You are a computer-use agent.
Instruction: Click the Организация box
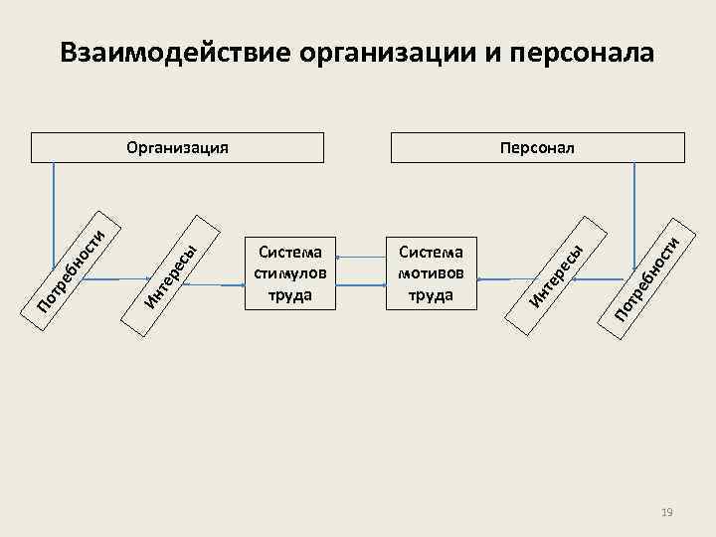pyautogui.click(x=178, y=148)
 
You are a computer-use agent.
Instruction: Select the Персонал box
pyautogui.click(x=538, y=148)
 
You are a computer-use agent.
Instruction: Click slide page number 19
pyautogui.click(x=667, y=512)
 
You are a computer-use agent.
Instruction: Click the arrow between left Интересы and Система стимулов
pyautogui.click(x=214, y=285)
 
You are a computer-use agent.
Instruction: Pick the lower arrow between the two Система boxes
pyautogui.click(x=360, y=285)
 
